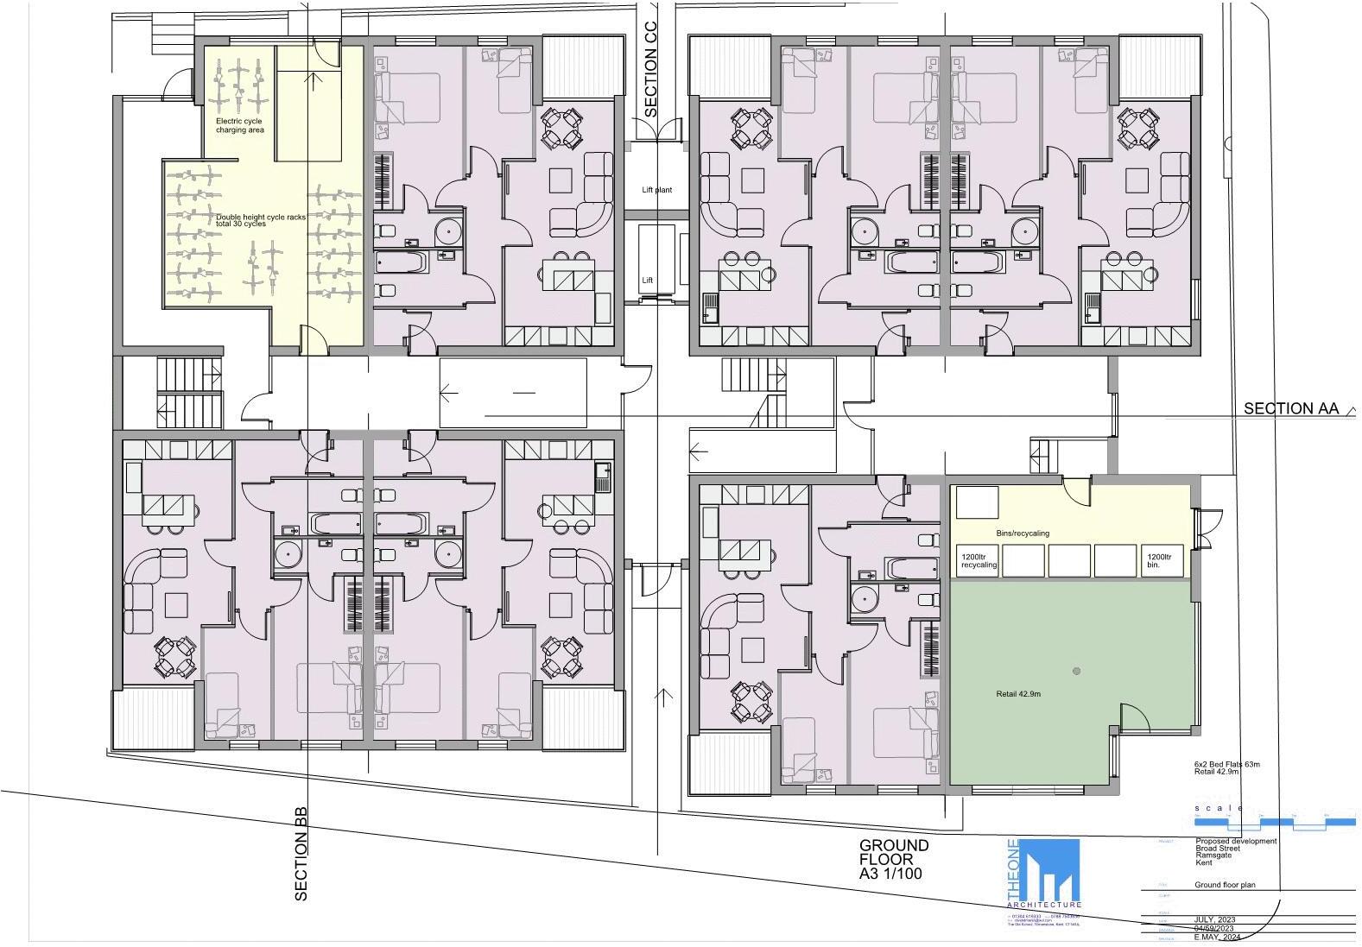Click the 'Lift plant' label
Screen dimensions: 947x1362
(x=656, y=190)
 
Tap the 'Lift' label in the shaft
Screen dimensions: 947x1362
(x=648, y=281)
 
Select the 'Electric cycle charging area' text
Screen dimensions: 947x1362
(x=240, y=126)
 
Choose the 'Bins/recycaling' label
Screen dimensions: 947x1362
(x=1023, y=533)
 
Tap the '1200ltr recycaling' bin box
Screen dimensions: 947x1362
(x=979, y=561)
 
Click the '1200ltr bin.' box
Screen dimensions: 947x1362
(x=1159, y=561)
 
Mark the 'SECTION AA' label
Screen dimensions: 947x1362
(x=1290, y=408)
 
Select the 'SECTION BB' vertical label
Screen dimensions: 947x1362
(x=301, y=855)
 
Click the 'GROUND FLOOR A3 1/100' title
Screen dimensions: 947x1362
(x=894, y=859)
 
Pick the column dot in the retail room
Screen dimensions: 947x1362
(x=1076, y=671)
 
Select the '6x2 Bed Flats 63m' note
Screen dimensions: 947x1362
(x=1227, y=765)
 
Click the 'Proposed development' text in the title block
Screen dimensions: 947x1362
(x=1236, y=842)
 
